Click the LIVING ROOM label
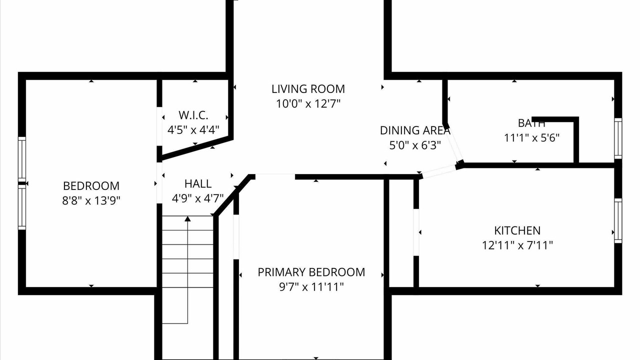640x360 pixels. [x=308, y=89]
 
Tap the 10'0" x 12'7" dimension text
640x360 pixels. [x=308, y=103]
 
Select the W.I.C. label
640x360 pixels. [x=193, y=115]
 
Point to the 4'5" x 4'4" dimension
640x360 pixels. [x=193, y=130]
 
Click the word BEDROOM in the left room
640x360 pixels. [x=91, y=186]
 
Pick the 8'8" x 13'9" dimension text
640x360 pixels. [x=91, y=200]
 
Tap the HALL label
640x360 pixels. [x=198, y=183]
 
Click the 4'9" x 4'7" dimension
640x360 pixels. [x=197, y=198]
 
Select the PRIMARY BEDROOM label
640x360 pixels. [x=311, y=272]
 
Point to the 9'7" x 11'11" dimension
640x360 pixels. [x=311, y=286]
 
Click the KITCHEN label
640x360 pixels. [x=517, y=230]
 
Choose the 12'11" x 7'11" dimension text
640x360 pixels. [x=517, y=245]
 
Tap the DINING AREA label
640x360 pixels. [x=415, y=130]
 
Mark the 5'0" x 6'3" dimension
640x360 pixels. [x=415, y=145]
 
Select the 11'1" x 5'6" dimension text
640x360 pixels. [x=531, y=138]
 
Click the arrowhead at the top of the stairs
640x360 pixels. [x=187, y=219]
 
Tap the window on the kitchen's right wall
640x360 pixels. [x=618, y=220]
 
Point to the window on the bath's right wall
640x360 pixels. [x=618, y=138]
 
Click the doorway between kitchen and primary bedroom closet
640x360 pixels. [x=416, y=232]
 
